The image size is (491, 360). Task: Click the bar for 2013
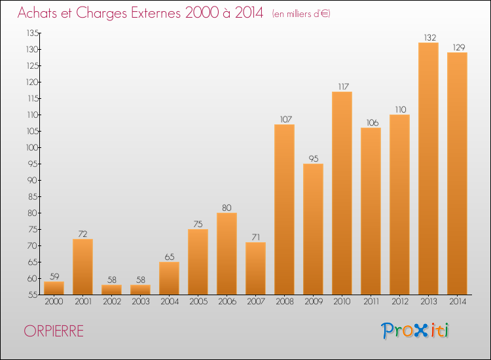[x=428, y=168]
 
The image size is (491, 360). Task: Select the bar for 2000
[x=54, y=288]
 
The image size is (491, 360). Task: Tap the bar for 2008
[x=284, y=209]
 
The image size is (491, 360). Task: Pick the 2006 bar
[x=227, y=253]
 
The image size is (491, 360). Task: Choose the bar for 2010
[x=342, y=193]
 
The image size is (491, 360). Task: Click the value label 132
[x=430, y=37]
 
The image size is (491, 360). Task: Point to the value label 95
[x=314, y=158]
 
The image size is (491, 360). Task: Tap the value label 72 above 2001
[x=82, y=234]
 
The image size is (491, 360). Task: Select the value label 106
[x=373, y=122]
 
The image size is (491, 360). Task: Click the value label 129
[x=459, y=48]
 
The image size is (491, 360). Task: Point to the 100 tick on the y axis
[x=32, y=147]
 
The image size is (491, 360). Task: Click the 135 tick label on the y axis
[x=32, y=33]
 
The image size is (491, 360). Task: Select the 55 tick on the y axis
[x=33, y=295]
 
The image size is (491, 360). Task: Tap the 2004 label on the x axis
[x=170, y=302]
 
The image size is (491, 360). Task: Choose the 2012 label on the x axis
[x=400, y=302]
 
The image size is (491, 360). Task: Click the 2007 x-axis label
[x=256, y=302]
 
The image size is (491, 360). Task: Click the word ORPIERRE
[x=54, y=331]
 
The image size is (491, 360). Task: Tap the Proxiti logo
[x=415, y=331]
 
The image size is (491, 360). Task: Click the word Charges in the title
[x=101, y=13]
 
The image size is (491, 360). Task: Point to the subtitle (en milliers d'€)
[x=301, y=14]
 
